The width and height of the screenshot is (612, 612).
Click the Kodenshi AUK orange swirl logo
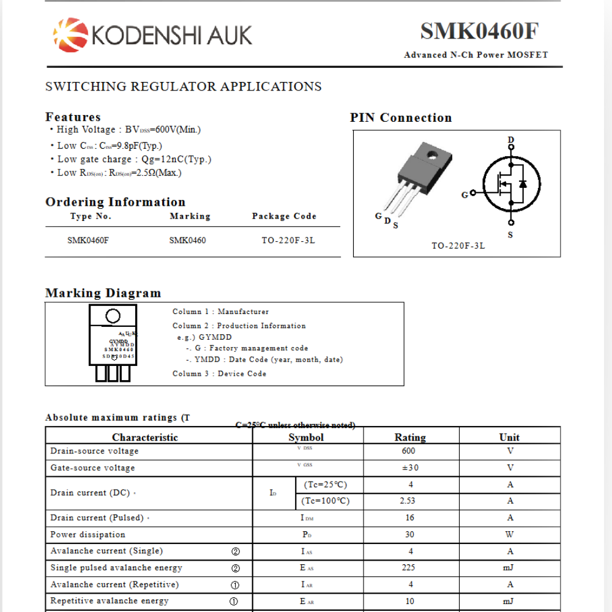(70, 34)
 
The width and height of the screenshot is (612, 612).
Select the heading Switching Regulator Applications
(184, 86)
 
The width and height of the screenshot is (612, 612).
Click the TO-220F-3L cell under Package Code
(288, 240)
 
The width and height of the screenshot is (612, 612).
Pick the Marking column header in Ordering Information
(190, 216)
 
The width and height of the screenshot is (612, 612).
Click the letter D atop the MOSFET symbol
(511, 140)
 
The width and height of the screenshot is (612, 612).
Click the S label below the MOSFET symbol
(510, 236)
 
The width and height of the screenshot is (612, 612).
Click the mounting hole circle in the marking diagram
(113, 316)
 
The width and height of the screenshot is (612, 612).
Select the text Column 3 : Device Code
(219, 373)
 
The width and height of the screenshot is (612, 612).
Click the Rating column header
(410, 437)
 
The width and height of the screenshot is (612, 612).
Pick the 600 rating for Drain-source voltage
(408, 451)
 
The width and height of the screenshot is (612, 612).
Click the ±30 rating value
(409, 468)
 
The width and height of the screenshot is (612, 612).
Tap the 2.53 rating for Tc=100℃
(407, 501)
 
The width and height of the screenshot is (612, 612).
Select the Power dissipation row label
(88, 534)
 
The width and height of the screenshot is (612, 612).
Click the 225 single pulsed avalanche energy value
(408, 567)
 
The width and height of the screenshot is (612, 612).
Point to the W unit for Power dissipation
(509, 534)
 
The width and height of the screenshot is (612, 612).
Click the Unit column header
(509, 437)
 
